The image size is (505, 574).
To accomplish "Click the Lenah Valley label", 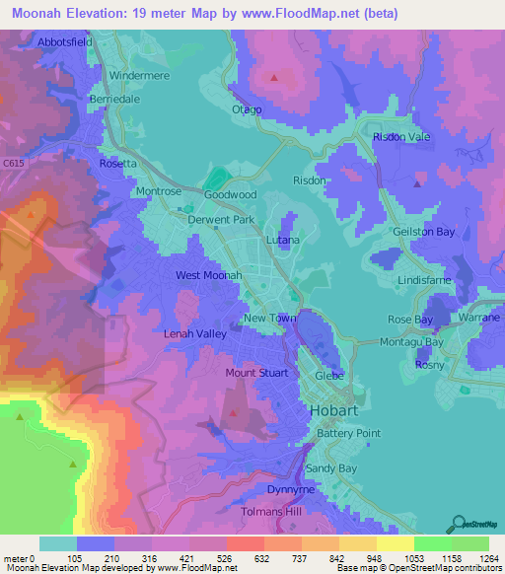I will [195, 334].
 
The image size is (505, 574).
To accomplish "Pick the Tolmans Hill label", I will [273, 513].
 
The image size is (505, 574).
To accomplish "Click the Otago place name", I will [247, 108].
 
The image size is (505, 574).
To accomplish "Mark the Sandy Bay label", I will [333, 468].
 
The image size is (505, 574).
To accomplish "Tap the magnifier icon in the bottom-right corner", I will [458, 523].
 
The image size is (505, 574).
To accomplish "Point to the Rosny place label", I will [430, 365].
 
